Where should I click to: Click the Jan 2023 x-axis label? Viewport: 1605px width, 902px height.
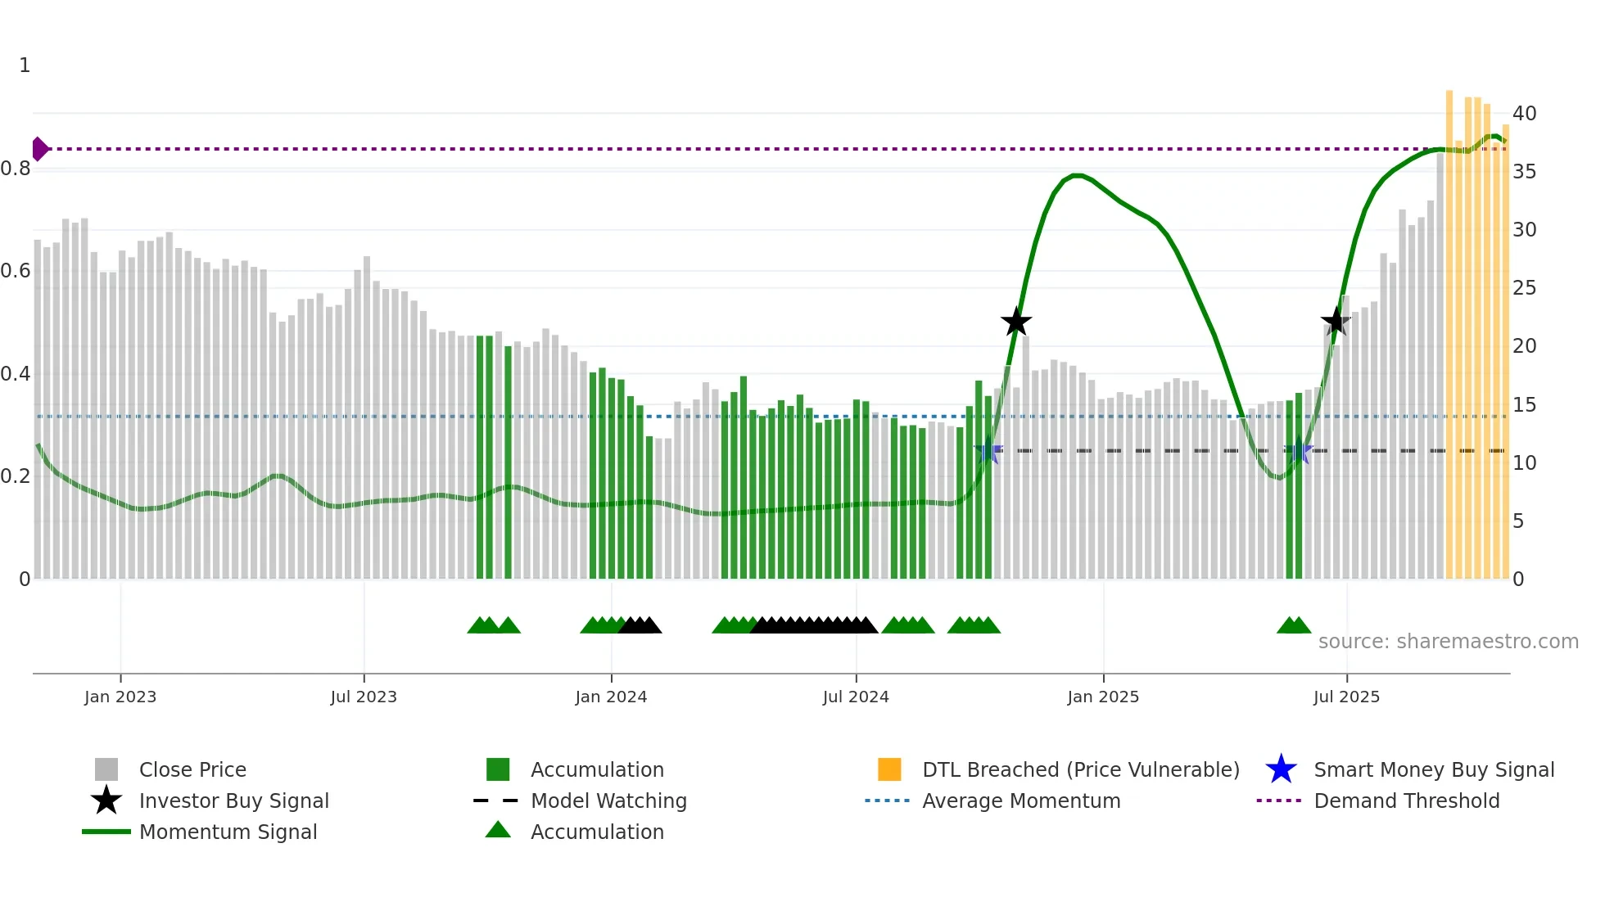pyautogui.click(x=120, y=697)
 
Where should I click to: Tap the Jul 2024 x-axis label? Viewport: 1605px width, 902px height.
pyautogui.click(x=856, y=697)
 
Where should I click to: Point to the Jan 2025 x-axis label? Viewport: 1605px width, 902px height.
pyautogui.click(x=1103, y=697)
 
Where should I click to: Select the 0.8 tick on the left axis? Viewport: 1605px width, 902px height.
pyautogui.click(x=16, y=169)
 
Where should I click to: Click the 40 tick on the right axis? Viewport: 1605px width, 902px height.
pyautogui.click(x=1524, y=114)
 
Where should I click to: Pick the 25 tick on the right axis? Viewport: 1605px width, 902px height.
pyautogui.click(x=1524, y=288)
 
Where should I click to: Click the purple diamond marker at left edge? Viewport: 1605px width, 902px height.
pyautogui.click(x=39, y=149)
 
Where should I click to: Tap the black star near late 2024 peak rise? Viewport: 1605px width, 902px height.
pyautogui.click(x=1016, y=322)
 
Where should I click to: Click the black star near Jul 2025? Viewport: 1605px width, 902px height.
pyautogui.click(x=1336, y=322)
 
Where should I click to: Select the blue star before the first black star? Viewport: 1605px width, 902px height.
pyautogui.click(x=988, y=450)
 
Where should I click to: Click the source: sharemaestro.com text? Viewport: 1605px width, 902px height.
pyautogui.click(x=1448, y=642)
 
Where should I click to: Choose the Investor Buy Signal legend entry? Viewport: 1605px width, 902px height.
pyautogui.click(x=233, y=801)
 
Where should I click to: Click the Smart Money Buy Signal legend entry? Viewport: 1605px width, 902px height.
pyautogui.click(x=1433, y=769)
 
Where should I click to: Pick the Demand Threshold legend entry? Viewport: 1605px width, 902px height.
pyautogui.click(x=1406, y=801)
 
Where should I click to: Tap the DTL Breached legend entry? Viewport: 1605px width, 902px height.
pyautogui.click(x=1080, y=769)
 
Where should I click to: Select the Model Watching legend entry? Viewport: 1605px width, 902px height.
pyautogui.click(x=608, y=801)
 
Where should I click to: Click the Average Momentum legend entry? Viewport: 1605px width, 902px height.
pyautogui.click(x=1020, y=801)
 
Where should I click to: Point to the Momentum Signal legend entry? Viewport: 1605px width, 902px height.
pyautogui.click(x=228, y=832)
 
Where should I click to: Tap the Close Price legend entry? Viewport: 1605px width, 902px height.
pyautogui.click(x=192, y=769)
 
